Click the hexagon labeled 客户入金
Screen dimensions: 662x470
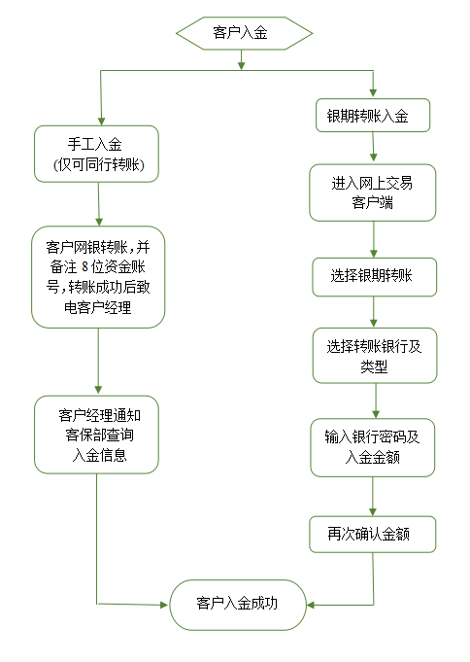244,33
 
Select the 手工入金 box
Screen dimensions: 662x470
96,154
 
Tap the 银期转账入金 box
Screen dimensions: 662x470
374,116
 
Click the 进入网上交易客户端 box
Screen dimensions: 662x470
374,192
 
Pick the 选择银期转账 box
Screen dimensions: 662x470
374,276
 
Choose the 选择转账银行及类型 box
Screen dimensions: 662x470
374,356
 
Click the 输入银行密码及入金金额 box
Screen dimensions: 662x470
374,447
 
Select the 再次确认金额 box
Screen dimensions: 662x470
374,534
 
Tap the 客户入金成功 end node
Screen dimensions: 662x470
238,604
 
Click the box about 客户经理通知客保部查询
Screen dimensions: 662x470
96,434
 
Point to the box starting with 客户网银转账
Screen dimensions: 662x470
98,276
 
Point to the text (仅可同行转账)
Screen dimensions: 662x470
98,166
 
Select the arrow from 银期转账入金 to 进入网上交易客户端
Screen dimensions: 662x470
374,147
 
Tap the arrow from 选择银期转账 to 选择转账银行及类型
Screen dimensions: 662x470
374,311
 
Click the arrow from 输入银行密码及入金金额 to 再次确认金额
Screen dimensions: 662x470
374,496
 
